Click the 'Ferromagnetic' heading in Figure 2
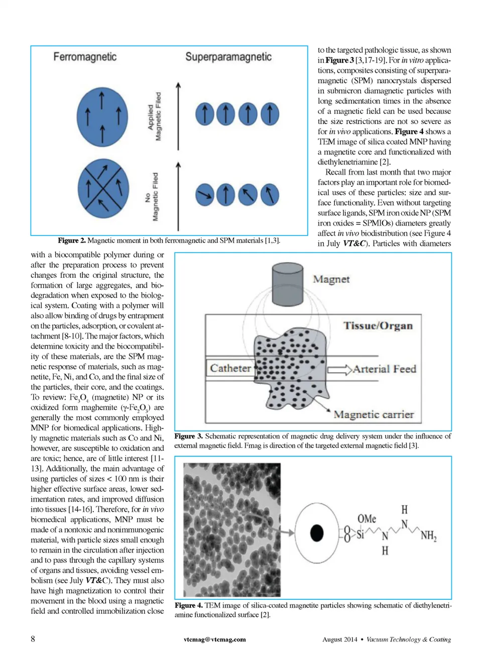pyautogui.click(x=85, y=57)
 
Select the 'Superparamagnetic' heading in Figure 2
pyautogui.click(x=228, y=57)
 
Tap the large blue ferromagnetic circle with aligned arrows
pyautogui.click(x=102, y=117)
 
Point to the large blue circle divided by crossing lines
pyautogui.click(x=103, y=189)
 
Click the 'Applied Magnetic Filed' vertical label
pyautogui.click(x=155, y=117)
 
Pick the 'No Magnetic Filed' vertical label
pyautogui.click(x=152, y=197)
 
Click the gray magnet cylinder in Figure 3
pyautogui.click(x=287, y=283)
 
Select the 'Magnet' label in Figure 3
pyautogui.click(x=331, y=279)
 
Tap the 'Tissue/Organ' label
pyautogui.click(x=378, y=325)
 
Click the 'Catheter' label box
pyautogui.click(x=230, y=368)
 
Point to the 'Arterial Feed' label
pyautogui.click(x=385, y=369)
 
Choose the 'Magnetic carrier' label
pyautogui.click(x=374, y=414)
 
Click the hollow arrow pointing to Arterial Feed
pyautogui.click(x=339, y=370)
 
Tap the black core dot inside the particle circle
pyautogui.click(x=317, y=533)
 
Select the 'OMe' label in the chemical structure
pyautogui.click(x=367, y=518)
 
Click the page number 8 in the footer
pyautogui.click(x=33, y=639)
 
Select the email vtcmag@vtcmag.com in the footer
pyautogui.click(x=214, y=639)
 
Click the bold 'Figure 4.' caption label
pyautogui.click(x=189, y=605)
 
